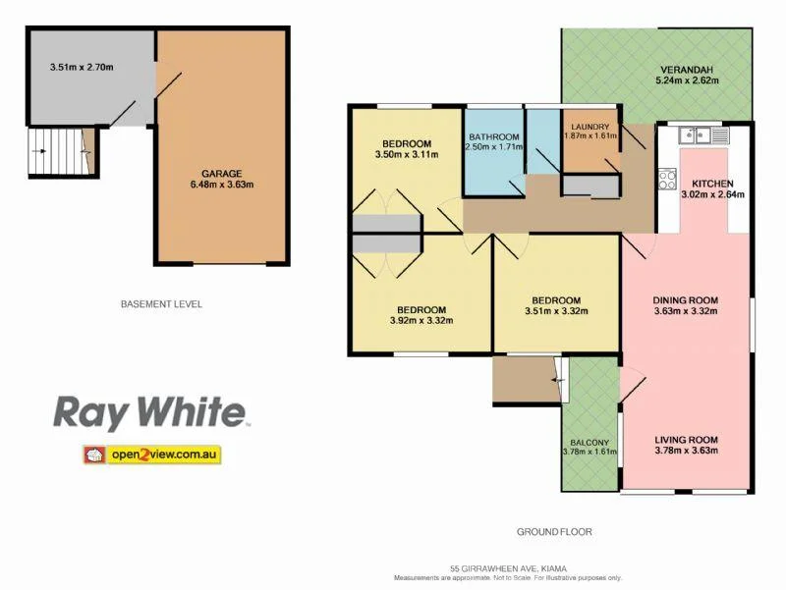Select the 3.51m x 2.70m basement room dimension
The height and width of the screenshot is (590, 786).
(82, 68)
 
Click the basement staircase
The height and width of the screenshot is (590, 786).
(56, 152)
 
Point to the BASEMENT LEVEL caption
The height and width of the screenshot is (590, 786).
(161, 304)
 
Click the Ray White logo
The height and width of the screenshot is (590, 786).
(150, 411)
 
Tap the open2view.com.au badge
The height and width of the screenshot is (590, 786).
(151, 455)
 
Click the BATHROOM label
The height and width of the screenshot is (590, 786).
(492, 136)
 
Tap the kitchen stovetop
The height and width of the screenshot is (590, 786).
(667, 179)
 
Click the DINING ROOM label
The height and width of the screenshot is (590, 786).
(686, 300)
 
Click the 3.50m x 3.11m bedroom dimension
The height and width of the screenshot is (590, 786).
(409, 154)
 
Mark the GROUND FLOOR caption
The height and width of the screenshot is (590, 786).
(554, 532)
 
